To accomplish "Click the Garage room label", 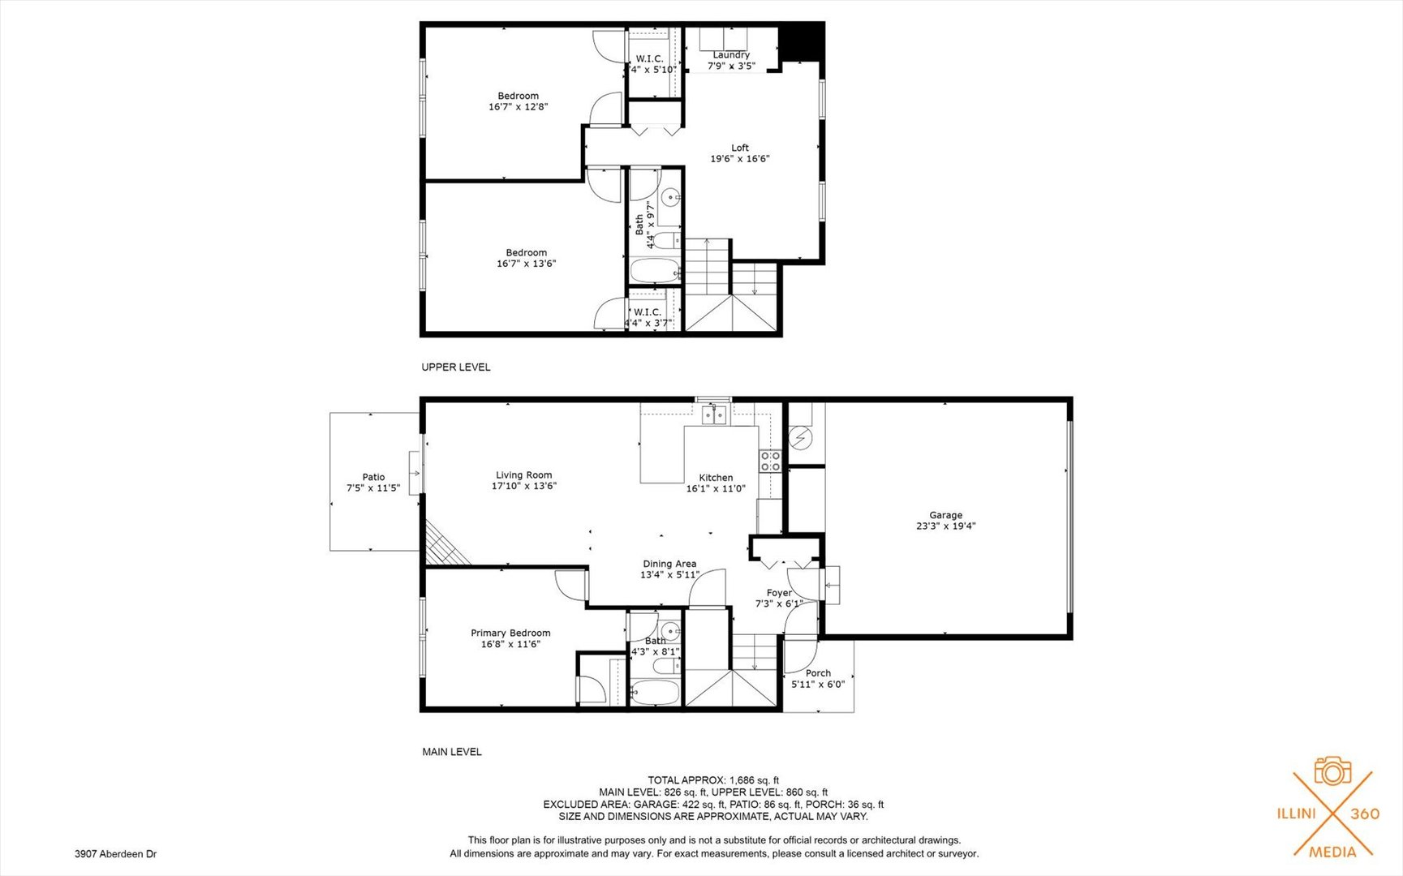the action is coord(945,515).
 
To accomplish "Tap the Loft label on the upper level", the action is coord(740,148).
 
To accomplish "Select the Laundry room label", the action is coord(731,55).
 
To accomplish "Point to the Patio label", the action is coord(373,477).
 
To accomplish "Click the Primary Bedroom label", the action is coord(510,633).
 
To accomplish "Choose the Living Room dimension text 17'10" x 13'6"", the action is coord(524,487).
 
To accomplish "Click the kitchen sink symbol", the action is coord(714,415).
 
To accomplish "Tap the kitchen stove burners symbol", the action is coord(770,462).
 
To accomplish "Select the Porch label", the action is coord(818,673).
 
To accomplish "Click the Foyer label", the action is coord(779,593).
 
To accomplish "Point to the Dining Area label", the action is coord(669,564).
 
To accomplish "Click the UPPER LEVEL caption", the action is coord(456,367).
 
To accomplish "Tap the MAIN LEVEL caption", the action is coord(452,752).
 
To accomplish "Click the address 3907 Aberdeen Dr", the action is coord(115,854).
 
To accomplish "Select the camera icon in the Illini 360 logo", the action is coord(1333,771).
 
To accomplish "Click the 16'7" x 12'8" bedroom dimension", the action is coord(519,106).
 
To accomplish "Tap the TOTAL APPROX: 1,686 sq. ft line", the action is coord(713,780).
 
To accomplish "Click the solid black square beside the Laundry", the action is coord(801,42).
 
